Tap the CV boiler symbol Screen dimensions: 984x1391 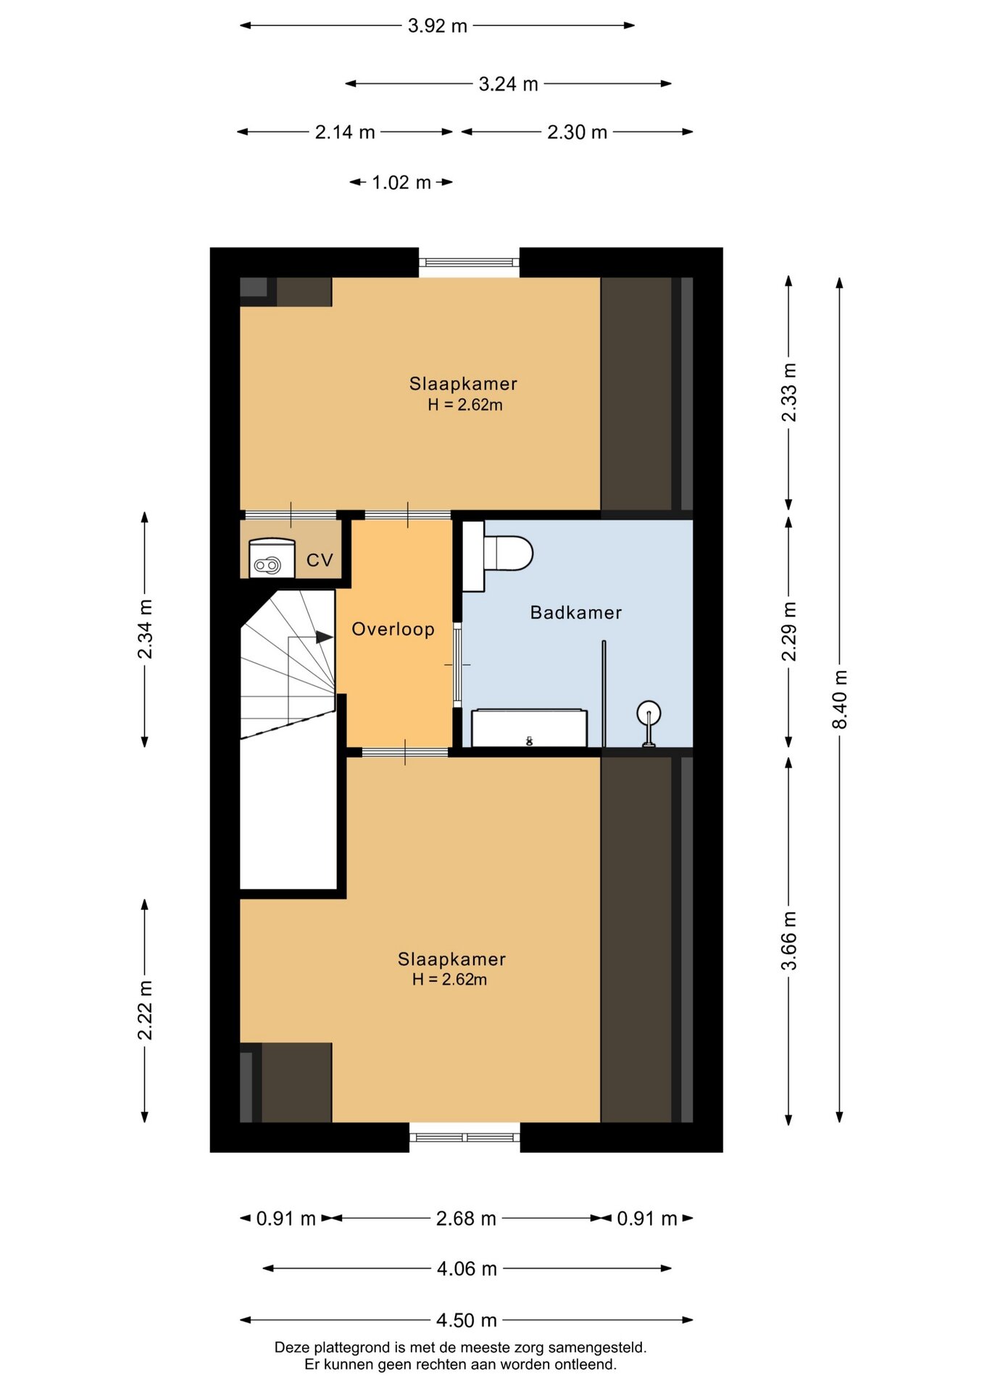[x=272, y=559]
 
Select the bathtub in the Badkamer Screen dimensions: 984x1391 [x=529, y=727]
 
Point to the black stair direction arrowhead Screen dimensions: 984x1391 [x=324, y=637]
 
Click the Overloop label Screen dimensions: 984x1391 [x=393, y=629]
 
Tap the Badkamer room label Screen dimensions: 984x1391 [x=576, y=612]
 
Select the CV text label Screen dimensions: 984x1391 [x=320, y=560]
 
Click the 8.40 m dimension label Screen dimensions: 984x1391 [x=840, y=700]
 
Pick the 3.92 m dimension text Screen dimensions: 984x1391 [x=438, y=26]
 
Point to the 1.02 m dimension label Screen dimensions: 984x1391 [x=401, y=183]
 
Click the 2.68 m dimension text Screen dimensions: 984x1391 [x=466, y=1219]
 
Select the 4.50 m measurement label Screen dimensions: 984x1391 [x=467, y=1320]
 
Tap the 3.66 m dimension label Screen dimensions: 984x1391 [x=789, y=940]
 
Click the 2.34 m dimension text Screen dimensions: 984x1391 [x=145, y=630]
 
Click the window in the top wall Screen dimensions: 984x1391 [x=470, y=264]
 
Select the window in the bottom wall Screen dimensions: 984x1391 [x=465, y=1137]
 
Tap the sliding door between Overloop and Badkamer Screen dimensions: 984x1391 [x=457, y=664]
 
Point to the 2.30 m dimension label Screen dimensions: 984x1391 [x=578, y=133]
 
